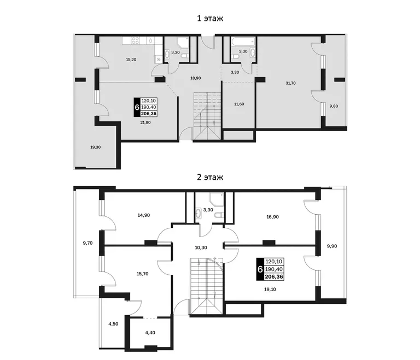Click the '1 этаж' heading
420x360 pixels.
tap(210, 19)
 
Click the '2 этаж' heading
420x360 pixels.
tap(210, 177)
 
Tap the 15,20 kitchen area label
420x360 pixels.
tap(131, 60)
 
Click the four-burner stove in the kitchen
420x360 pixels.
tap(136, 40)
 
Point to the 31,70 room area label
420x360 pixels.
tap(290, 83)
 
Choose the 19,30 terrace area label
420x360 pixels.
tap(95, 147)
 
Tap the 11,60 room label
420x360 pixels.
tap(239, 104)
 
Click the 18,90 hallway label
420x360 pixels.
tap(196, 78)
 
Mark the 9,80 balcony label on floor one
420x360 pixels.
tap(334, 106)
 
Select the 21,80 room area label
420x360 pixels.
tap(145, 122)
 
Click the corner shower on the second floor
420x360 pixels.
tap(217, 199)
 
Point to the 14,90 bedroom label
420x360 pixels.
tap(144, 215)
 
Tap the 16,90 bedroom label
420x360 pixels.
tap(272, 217)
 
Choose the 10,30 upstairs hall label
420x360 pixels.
tap(201, 247)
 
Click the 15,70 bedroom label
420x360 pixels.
tap(143, 274)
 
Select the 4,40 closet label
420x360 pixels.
tap(150, 333)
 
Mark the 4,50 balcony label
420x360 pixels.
tap(113, 324)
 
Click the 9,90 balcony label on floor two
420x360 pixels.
tap(332, 246)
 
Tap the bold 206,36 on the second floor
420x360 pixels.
tap(274, 277)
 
